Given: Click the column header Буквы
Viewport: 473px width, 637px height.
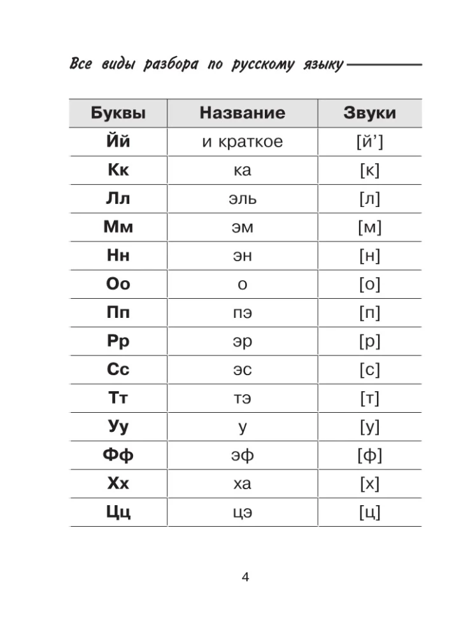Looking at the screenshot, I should pos(118,113).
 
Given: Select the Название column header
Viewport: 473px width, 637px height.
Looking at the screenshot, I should pos(242,113).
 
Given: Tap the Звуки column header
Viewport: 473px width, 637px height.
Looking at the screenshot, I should pos(369,113).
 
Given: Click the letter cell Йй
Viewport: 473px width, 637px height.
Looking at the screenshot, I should pos(118,141).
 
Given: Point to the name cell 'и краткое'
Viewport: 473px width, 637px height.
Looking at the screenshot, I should pos(242,141).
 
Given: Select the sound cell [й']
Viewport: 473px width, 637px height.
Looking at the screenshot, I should pos(369,141).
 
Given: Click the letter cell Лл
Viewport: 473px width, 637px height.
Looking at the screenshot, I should pos(118,199).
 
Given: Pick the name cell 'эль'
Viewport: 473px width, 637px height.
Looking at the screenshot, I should pos(242,199).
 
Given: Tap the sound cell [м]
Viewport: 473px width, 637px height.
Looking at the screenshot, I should pos(369,227).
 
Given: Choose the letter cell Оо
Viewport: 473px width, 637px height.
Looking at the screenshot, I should pos(118,284).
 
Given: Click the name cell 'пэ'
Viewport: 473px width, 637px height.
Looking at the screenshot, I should pos(242,313).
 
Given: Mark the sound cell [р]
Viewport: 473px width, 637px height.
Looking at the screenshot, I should pos(369,341).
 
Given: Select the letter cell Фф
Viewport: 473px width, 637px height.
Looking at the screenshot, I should pos(118,455).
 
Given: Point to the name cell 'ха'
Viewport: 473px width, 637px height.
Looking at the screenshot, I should pos(242,484).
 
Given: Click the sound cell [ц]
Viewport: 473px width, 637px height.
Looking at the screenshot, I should pos(369,512).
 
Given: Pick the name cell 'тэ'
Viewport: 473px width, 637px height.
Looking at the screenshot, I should pos(242,399).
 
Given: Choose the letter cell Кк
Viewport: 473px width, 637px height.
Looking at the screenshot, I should pos(118,170).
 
